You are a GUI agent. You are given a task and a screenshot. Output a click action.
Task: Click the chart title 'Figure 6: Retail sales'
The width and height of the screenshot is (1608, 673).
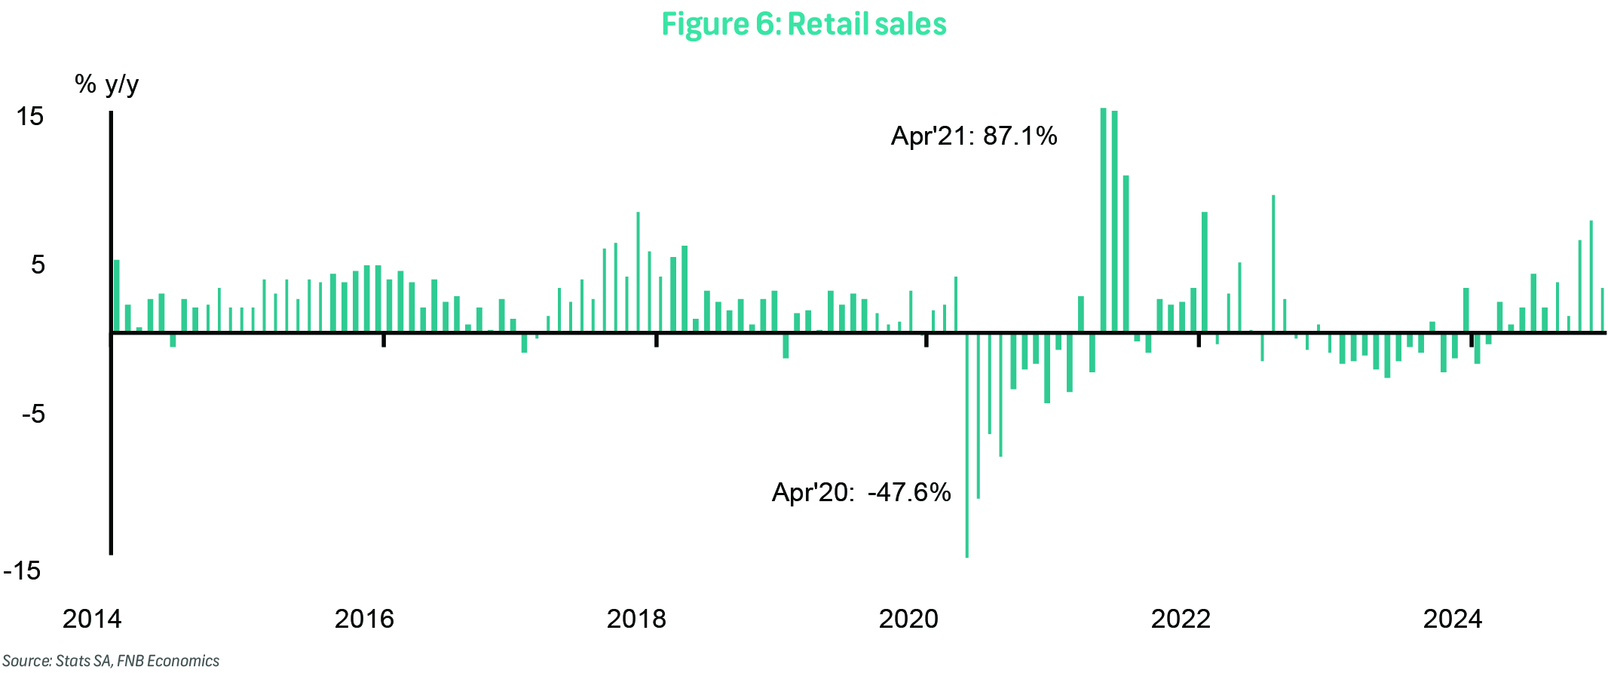(804, 24)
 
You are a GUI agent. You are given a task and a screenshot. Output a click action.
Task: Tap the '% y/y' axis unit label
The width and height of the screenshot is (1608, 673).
(107, 84)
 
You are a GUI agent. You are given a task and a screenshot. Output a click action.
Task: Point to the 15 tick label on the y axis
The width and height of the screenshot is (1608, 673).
(30, 117)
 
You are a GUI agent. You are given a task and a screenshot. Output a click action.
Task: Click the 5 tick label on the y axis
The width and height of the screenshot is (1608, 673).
(38, 265)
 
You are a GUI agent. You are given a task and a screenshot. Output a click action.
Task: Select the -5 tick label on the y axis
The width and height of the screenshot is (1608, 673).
(33, 414)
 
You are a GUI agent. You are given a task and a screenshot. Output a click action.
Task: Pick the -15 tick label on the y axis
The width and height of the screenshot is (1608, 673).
(23, 571)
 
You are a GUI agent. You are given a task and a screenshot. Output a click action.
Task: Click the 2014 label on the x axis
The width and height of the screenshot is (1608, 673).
(91, 619)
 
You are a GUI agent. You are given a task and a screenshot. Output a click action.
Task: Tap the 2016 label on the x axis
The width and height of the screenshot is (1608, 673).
(364, 619)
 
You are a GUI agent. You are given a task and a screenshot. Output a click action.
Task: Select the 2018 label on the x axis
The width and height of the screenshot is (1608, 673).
(636, 619)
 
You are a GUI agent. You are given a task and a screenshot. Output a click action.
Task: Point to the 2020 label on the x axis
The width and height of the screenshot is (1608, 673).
(908, 619)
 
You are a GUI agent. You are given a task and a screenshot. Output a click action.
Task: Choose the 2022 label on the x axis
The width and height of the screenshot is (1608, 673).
(1181, 619)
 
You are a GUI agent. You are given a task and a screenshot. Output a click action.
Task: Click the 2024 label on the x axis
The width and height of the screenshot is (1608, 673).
(1453, 619)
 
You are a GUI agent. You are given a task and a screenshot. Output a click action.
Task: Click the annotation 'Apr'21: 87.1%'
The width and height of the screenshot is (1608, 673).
(974, 136)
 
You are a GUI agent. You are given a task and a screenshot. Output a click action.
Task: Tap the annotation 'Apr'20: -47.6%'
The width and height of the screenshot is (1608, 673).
(861, 493)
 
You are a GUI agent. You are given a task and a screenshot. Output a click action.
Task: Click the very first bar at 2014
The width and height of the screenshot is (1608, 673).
(117, 295)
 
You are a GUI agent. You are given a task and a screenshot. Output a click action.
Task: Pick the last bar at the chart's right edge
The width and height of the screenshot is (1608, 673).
(1602, 310)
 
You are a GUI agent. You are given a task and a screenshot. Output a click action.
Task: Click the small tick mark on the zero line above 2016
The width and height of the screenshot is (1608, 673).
(384, 341)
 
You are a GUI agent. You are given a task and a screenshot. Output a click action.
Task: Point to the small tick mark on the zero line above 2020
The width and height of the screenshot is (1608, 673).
(927, 341)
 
